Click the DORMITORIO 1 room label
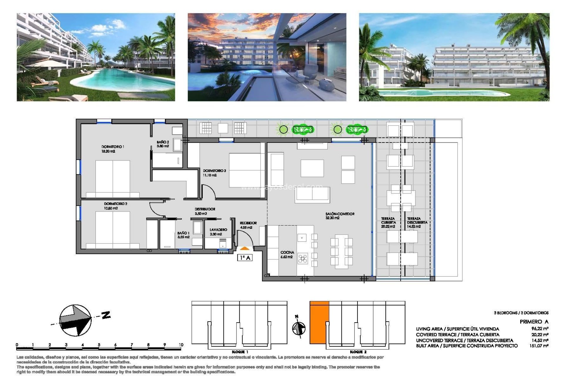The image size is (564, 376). [113, 147]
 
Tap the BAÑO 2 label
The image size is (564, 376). [163, 142]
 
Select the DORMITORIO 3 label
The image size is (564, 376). [214, 170]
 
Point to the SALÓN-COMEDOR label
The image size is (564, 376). [340, 214]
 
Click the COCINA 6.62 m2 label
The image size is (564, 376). [287, 254]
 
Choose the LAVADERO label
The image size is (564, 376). [218, 230]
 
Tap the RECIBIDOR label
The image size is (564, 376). [248, 223]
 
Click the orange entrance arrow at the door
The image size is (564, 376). [245, 249]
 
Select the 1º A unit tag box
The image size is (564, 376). [245, 258]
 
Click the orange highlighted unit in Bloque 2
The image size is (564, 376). [319, 322]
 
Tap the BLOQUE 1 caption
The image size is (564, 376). [240, 352]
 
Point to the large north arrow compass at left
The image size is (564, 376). [75, 320]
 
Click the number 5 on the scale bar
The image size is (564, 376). [99, 345]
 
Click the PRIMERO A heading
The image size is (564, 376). [534, 322]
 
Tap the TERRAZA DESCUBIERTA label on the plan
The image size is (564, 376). [417, 221]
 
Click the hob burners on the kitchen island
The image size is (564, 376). [303, 258]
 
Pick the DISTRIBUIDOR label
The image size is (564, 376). [205, 209]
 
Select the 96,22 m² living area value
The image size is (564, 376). [540, 329]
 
